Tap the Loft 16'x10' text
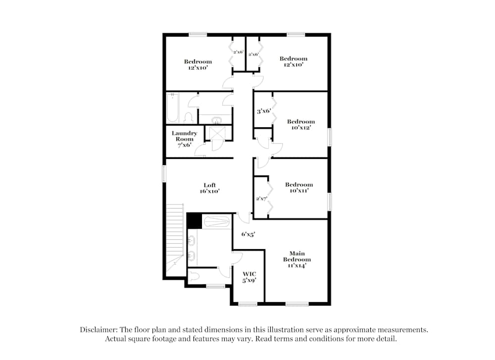tap(210, 188)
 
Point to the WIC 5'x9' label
tap(249, 276)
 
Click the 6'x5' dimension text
tap(248, 234)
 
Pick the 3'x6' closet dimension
tap(263, 111)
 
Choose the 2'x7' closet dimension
tap(261, 199)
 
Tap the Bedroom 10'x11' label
tap(299, 188)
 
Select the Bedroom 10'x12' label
tap(300, 125)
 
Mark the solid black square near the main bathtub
tap(194, 220)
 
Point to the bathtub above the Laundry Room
tap(172, 107)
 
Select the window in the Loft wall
tap(164, 174)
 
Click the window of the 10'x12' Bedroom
tap(329, 136)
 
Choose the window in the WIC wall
tap(247, 304)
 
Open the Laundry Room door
tap(200, 152)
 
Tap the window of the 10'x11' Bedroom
tap(329, 202)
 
